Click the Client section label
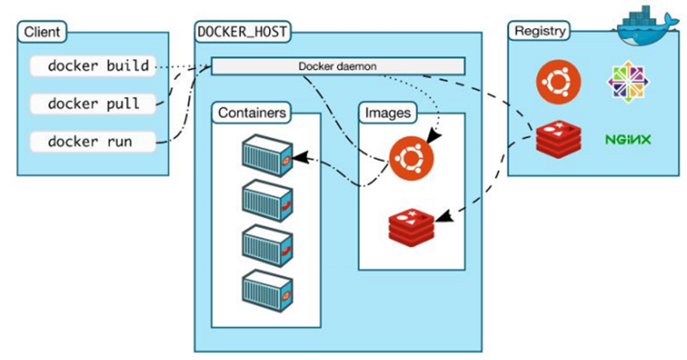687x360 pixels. pos(41,33)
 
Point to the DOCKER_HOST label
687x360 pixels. pos(241,33)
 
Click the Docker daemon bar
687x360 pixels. pos(337,66)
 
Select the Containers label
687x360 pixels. pos(251,113)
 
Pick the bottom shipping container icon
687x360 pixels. pos(267,289)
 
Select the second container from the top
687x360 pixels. pos(267,201)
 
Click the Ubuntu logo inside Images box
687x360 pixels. pos(411,159)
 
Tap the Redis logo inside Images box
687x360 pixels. pos(412,223)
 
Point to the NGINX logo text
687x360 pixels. pos(628,140)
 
